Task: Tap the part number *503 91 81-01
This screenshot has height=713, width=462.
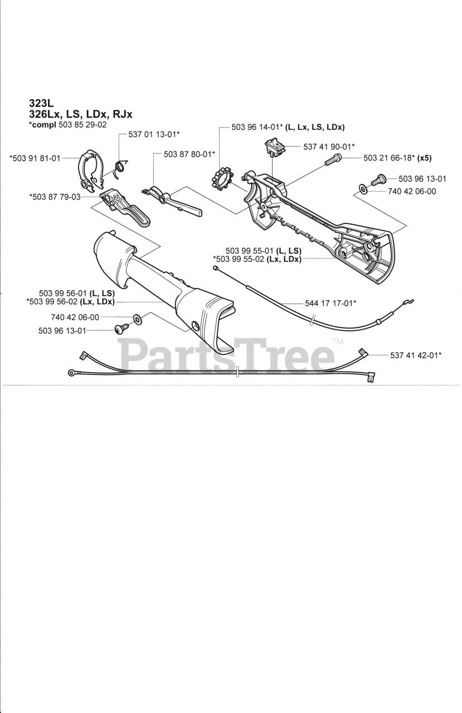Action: tap(35, 158)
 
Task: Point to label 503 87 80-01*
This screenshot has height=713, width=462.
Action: tap(189, 154)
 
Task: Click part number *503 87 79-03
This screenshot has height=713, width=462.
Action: tap(55, 196)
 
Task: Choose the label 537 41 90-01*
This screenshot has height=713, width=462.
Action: tap(329, 146)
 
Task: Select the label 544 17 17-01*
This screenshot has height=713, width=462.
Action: tap(331, 303)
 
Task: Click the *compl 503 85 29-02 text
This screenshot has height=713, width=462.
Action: tap(67, 125)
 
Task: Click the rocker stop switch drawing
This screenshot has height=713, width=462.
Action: tap(274, 147)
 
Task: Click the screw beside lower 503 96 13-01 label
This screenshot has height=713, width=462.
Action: tap(120, 330)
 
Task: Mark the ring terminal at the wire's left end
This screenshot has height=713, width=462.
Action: tap(72, 373)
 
